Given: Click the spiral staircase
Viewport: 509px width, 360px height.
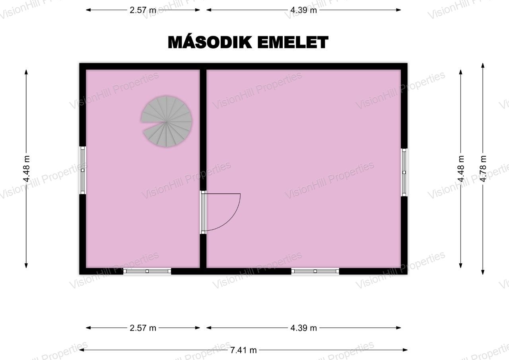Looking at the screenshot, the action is (x=167, y=122).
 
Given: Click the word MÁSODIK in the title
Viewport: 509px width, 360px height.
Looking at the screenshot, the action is (x=210, y=42).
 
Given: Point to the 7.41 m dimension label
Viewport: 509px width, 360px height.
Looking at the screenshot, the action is (x=243, y=350).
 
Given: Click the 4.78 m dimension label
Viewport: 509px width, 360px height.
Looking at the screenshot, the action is (x=483, y=169).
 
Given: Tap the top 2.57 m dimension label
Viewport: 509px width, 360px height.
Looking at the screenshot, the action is (x=143, y=10).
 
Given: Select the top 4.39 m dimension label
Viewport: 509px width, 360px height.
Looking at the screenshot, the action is (x=303, y=10).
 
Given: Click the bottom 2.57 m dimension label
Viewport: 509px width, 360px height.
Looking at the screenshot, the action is (x=143, y=328).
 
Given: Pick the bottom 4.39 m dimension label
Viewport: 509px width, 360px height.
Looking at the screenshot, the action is (x=303, y=328).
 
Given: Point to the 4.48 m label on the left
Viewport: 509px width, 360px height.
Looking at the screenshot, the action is (x=26, y=169).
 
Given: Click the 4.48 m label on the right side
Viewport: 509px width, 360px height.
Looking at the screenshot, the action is (x=461, y=169).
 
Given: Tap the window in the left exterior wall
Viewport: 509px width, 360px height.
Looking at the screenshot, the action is (x=82, y=170).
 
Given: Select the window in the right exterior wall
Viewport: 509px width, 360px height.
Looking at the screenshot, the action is (x=404, y=172).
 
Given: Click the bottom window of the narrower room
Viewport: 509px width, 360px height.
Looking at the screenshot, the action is (x=147, y=271).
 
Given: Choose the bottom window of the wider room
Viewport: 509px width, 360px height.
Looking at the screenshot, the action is (x=315, y=271).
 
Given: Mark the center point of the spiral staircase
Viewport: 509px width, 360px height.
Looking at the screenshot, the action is (x=167, y=122).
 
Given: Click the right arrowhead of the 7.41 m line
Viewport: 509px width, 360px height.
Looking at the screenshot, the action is (x=405, y=350).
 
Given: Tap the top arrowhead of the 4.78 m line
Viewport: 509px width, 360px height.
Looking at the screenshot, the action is (x=483, y=66).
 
